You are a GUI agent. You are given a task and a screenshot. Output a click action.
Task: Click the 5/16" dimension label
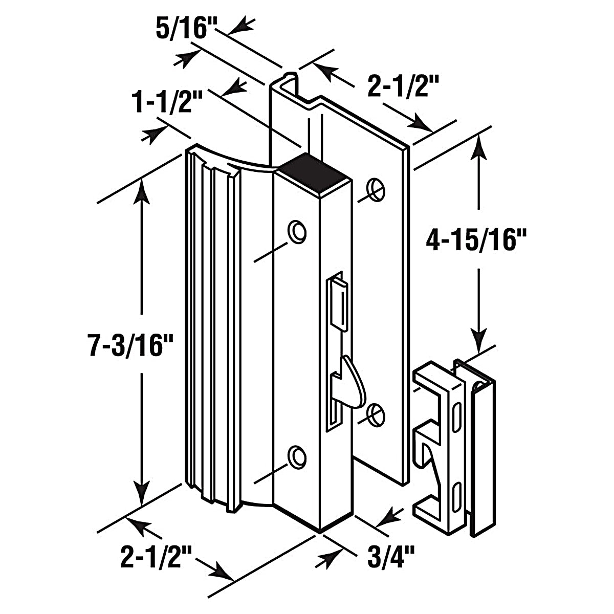184,30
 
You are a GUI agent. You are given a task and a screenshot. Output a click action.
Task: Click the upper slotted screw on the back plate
375,188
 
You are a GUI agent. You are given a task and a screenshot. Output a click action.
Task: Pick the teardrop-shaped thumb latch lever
350,381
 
